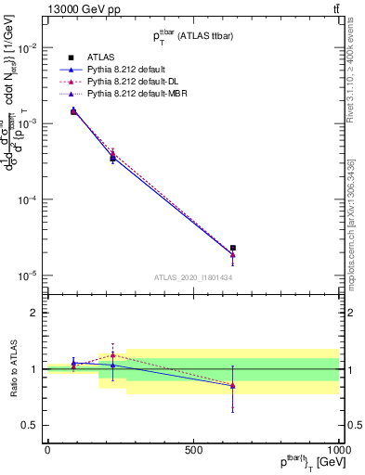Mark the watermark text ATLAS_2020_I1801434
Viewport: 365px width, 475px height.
click(193, 278)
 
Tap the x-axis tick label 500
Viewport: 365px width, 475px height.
click(193, 450)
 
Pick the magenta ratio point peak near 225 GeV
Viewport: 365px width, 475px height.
click(113, 354)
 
